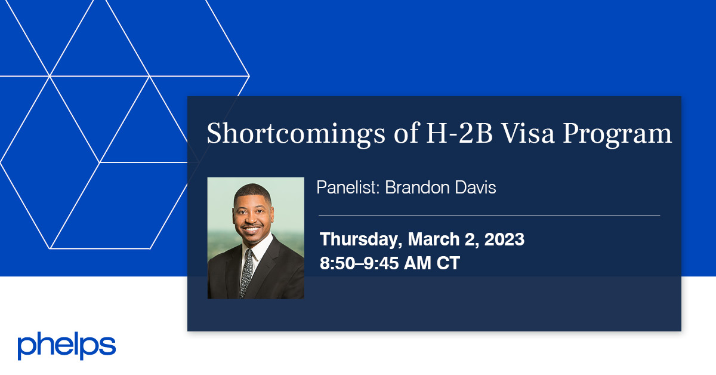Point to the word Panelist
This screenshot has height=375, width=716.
click(x=348, y=187)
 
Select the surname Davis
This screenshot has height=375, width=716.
click(x=475, y=187)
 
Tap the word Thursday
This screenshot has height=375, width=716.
click(x=360, y=240)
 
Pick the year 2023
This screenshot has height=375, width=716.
click(x=504, y=240)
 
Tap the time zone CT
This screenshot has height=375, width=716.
click(x=448, y=263)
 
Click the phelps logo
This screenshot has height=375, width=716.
click(x=66, y=346)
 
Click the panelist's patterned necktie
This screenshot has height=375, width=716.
click(x=246, y=272)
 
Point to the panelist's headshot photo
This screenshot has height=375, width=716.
click(x=255, y=238)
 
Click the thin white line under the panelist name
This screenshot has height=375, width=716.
click(x=489, y=216)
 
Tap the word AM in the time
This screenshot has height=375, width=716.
click(x=418, y=263)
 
